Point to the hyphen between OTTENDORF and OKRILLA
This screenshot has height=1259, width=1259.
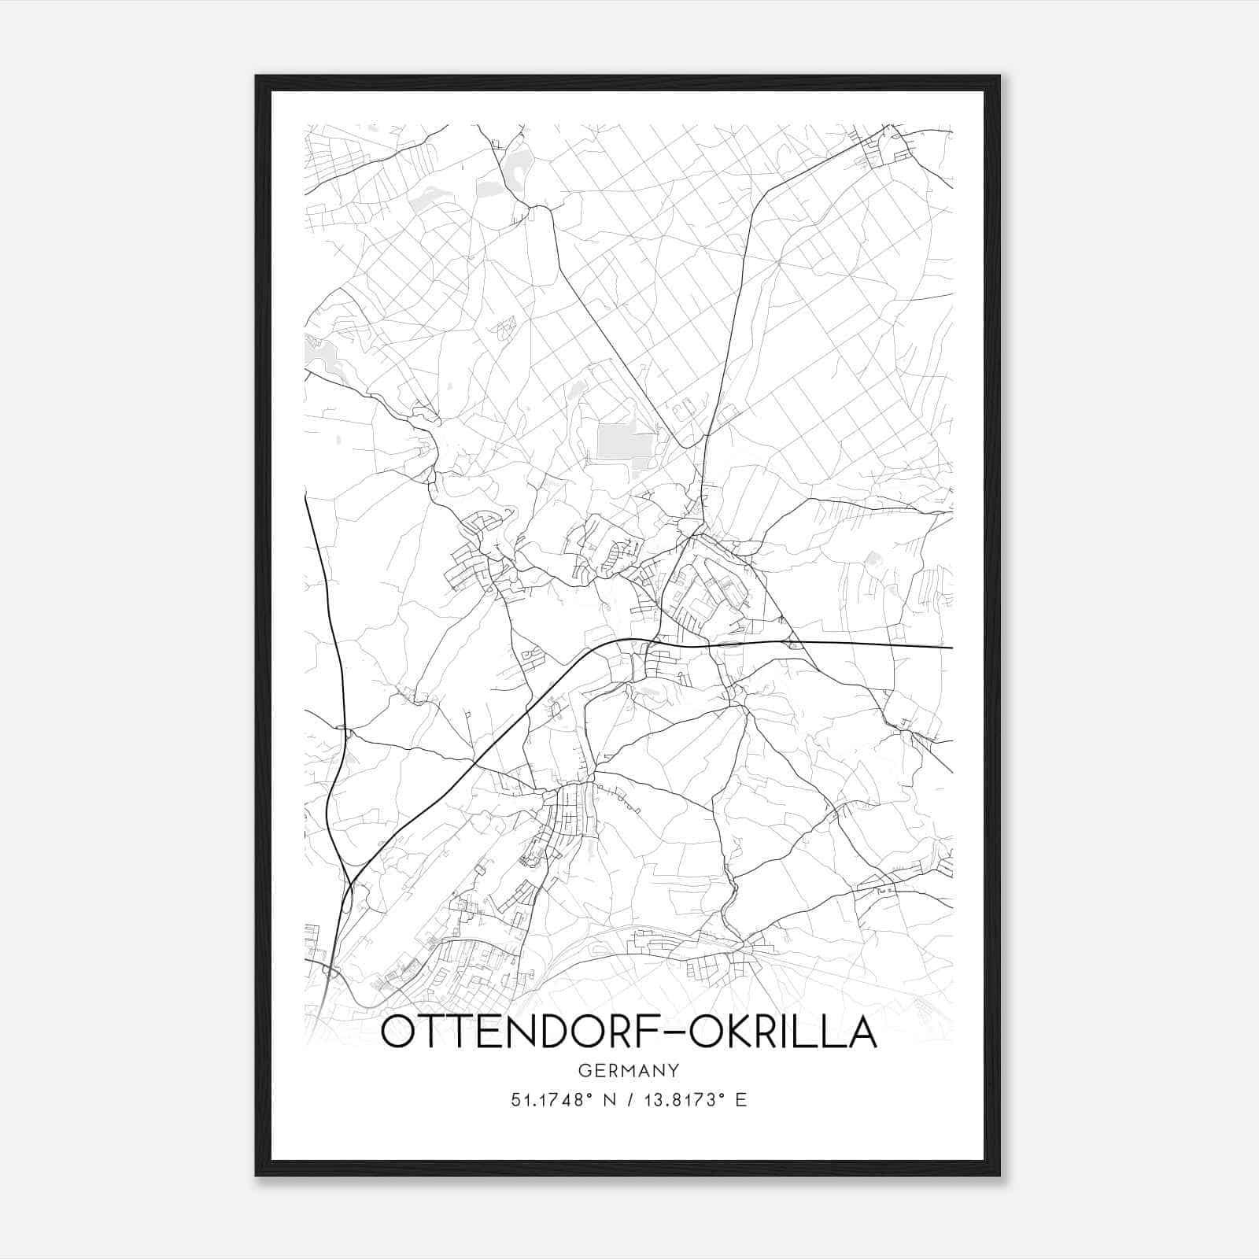(x=677, y=1034)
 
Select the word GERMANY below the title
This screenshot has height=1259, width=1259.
(x=628, y=1070)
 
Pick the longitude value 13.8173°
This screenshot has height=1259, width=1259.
(x=681, y=1099)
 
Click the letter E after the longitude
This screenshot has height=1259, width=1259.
(x=740, y=1099)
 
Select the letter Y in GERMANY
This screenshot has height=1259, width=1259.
(x=674, y=1070)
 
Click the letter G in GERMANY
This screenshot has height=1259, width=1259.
(x=583, y=1070)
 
